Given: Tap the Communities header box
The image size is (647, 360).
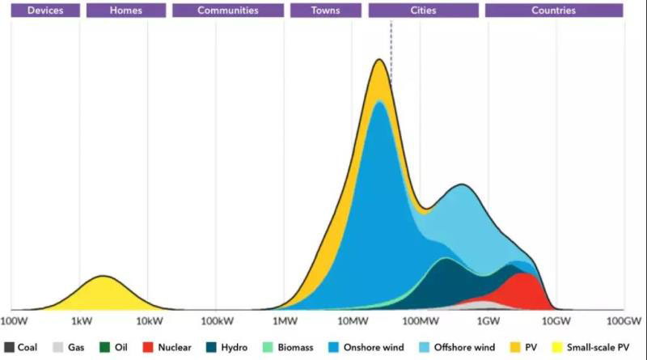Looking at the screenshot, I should [x=227, y=11].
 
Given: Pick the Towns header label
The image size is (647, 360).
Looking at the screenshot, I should [x=325, y=11].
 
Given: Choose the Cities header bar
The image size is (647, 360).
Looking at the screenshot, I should [x=423, y=11].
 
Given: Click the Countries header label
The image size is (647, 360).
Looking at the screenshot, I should [x=553, y=11].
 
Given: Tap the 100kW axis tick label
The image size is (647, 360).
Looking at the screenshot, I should [x=216, y=321].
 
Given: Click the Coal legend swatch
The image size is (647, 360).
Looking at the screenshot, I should [x=9, y=347].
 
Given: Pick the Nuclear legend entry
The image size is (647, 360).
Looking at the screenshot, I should [x=168, y=347].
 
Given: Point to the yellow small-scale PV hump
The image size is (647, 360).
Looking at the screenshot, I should [x=103, y=293].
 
